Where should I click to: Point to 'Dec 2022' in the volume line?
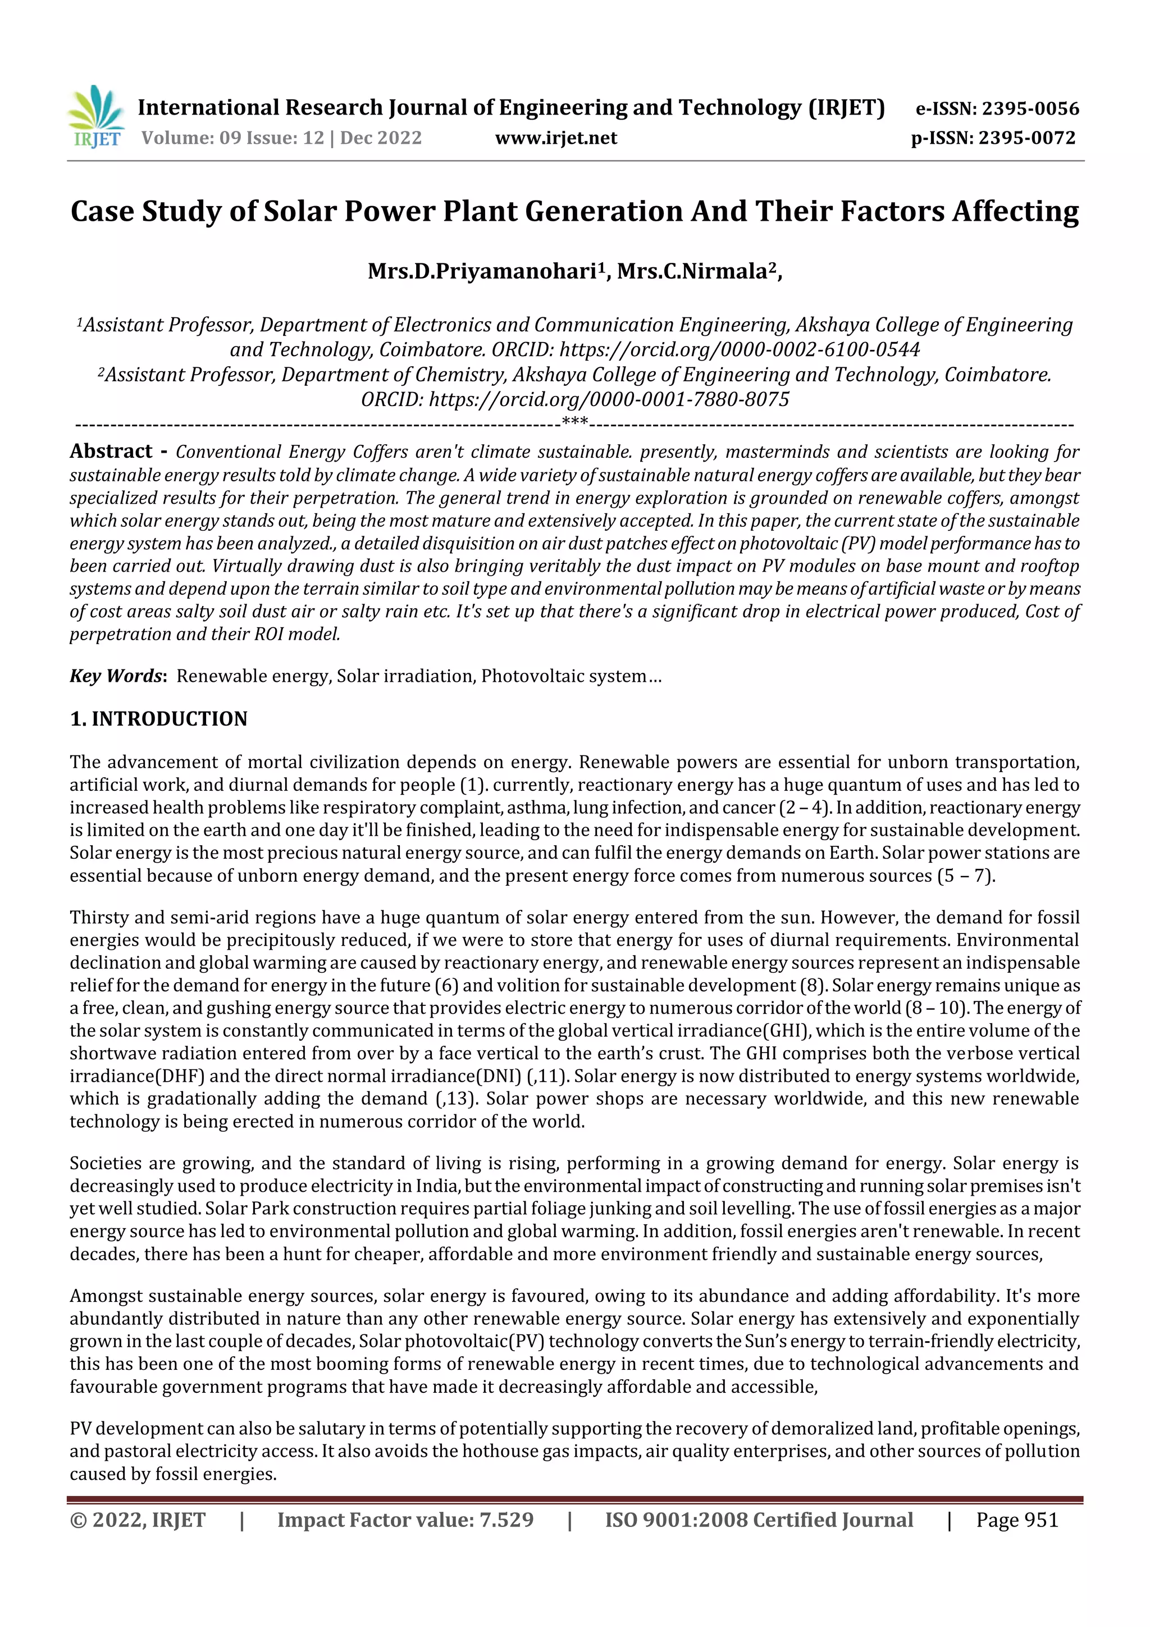click(381, 138)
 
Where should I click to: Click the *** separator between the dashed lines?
click(574, 423)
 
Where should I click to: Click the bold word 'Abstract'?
click(111, 452)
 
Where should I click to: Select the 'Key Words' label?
click(116, 676)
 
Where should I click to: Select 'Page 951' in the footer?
click(1017, 1520)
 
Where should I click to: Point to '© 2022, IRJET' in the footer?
click(138, 1520)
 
